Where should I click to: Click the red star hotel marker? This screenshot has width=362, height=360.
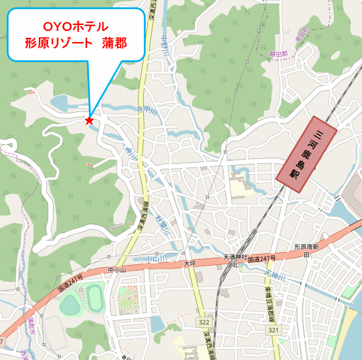click(90, 121)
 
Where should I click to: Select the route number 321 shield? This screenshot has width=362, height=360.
click(273, 330)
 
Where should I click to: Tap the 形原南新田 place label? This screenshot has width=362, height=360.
click(307, 251)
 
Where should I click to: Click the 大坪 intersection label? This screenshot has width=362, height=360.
click(190, 264)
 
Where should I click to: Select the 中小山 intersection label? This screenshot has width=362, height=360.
click(116, 270)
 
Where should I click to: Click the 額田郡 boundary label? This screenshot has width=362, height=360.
click(278, 54)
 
